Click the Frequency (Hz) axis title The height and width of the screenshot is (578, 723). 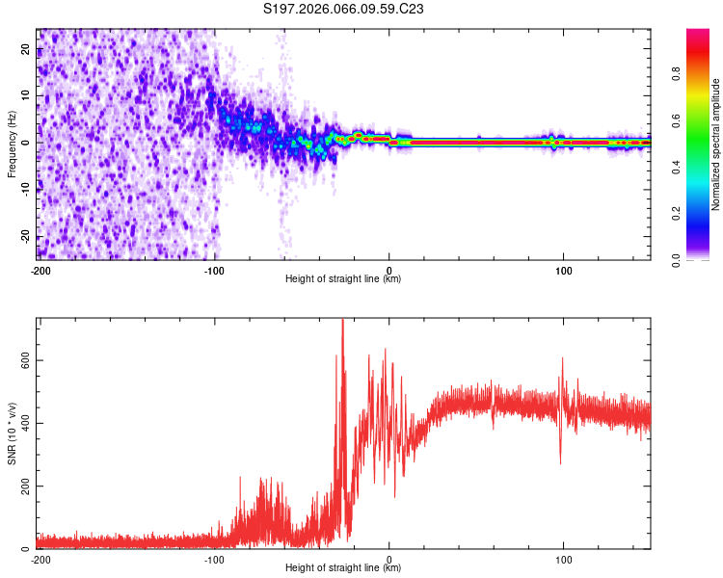12,144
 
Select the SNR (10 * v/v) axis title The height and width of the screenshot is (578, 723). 12,433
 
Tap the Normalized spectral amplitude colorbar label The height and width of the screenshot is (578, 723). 716,144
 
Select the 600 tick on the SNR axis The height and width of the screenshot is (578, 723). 23,359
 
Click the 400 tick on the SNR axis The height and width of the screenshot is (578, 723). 23,423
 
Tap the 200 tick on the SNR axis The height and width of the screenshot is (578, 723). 23,486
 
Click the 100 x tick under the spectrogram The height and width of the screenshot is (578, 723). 564,269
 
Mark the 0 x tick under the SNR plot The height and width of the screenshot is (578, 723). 389,559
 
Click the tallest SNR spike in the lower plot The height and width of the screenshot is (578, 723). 343,322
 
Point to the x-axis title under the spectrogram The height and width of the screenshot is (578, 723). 343,279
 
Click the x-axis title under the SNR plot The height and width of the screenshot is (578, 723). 343,568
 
